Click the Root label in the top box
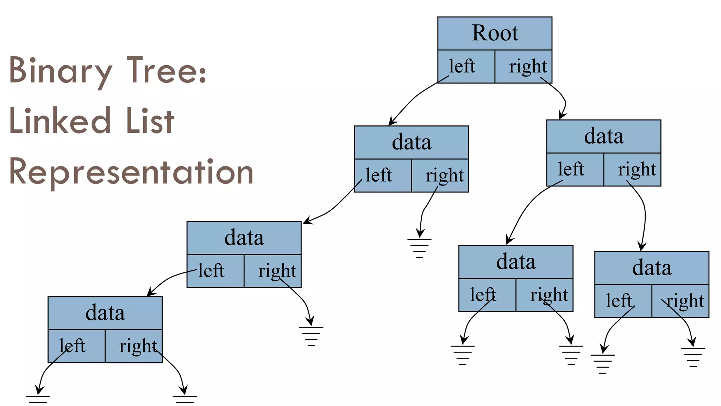click(495, 33)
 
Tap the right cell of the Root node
click(524, 66)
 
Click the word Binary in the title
click(60, 70)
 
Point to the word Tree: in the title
click(166, 70)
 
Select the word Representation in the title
click(131, 172)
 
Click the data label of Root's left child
click(411, 142)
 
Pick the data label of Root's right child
click(603, 136)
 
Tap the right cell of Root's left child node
click(440, 175)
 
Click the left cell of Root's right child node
click(575, 169)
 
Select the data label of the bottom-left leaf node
click(105, 313)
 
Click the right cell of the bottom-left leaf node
click(134, 346)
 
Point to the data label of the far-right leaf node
click(652, 268)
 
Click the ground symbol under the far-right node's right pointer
click(693, 357)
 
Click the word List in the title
click(150, 121)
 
